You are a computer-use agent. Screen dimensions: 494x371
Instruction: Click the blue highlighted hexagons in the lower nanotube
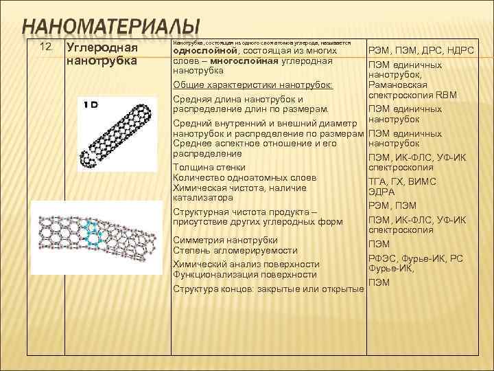tap(91, 233)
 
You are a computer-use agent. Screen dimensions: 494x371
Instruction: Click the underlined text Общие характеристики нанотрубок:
tap(252, 85)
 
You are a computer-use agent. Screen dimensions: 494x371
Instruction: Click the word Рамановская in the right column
tap(397, 85)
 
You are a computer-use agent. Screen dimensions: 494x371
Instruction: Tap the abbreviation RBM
tap(447, 95)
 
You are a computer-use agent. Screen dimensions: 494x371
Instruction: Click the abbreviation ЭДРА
tap(381, 192)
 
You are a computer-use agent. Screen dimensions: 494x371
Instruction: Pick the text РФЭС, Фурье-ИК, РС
tap(416, 258)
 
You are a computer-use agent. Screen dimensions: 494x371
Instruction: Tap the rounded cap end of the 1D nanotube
tap(89, 159)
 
